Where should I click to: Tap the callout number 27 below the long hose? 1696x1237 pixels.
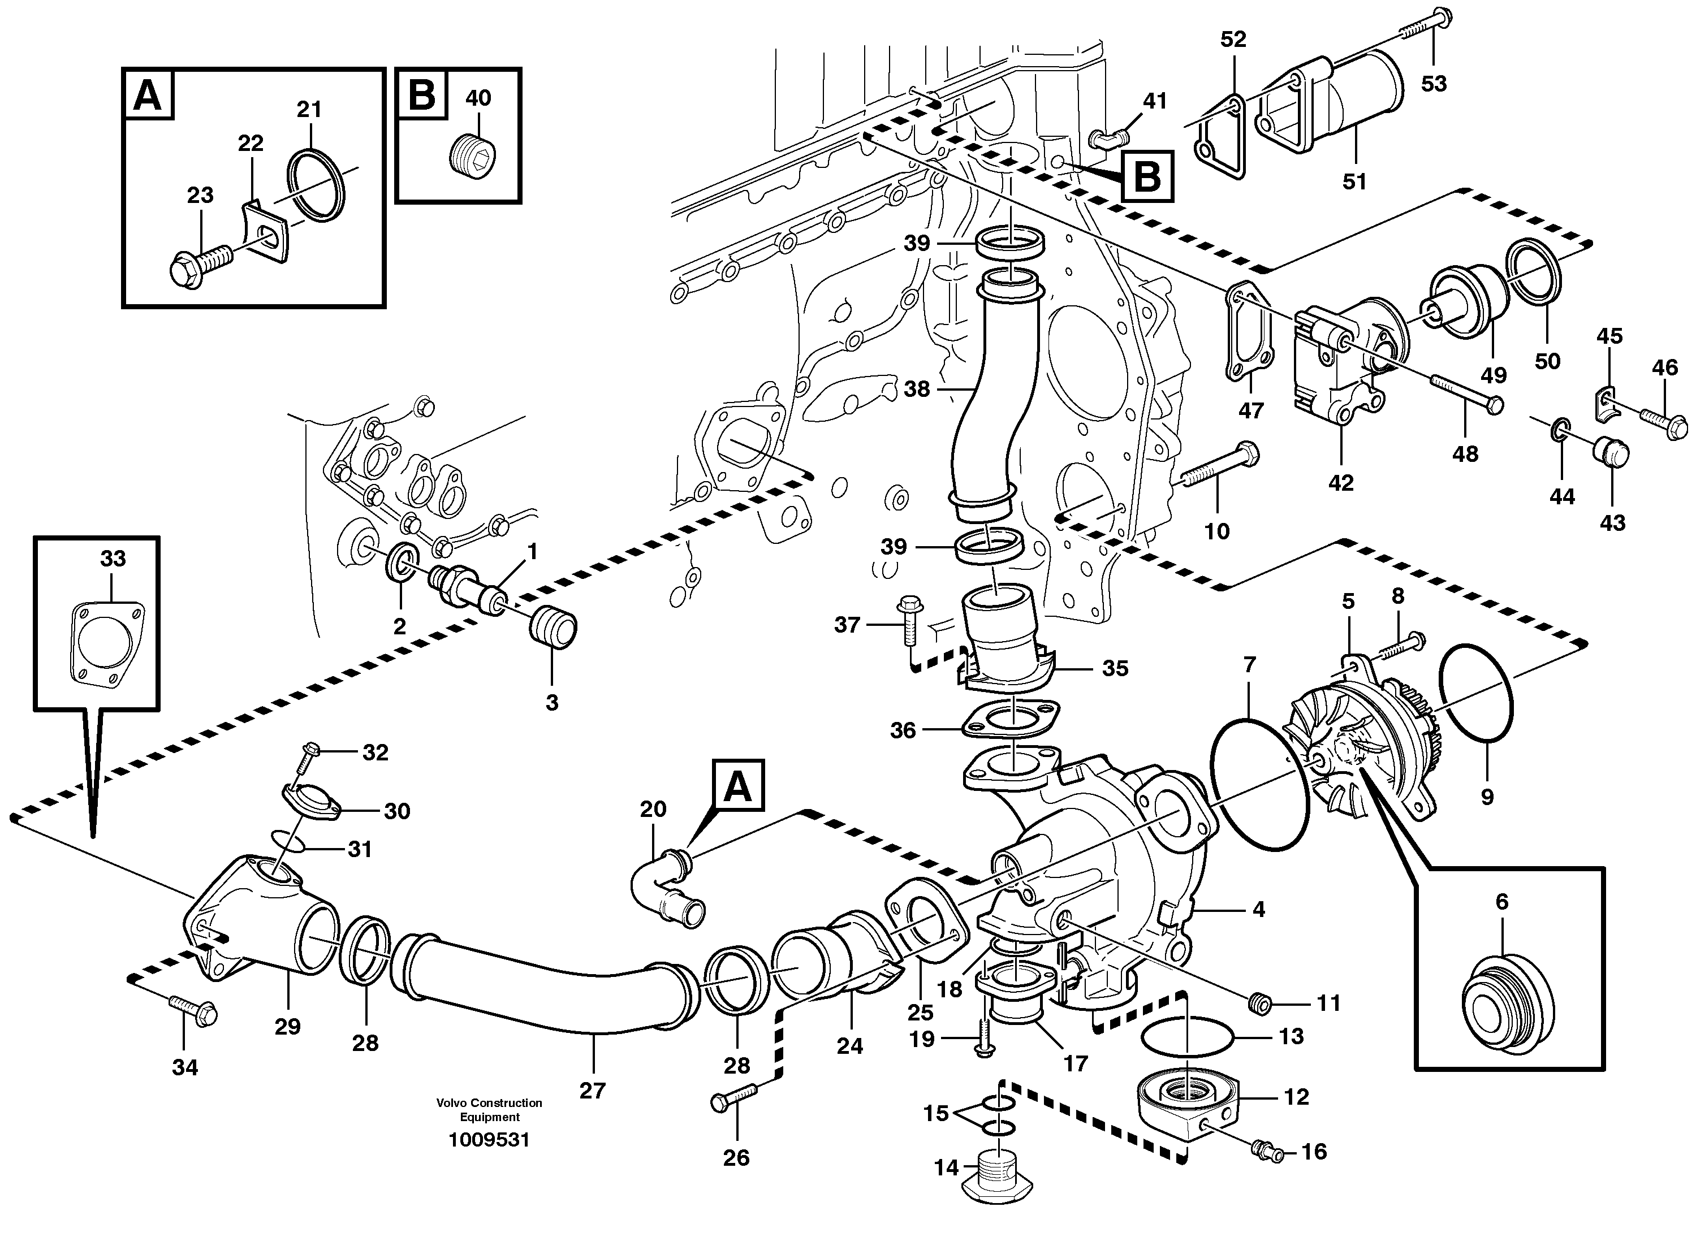pos(592,1090)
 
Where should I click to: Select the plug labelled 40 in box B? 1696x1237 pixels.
pos(474,157)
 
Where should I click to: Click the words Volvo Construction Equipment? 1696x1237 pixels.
pos(489,1110)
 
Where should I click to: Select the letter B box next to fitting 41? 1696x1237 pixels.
pos(1147,178)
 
